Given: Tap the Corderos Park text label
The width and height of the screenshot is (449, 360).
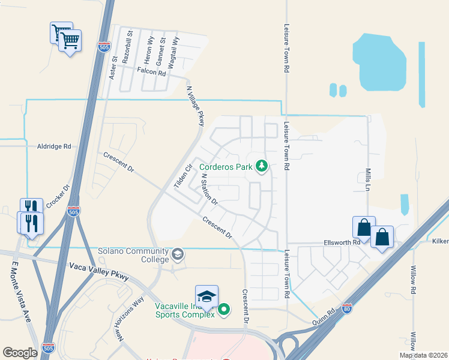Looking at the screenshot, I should (x=226, y=167).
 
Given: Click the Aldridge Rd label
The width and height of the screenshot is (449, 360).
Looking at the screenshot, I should (x=54, y=146).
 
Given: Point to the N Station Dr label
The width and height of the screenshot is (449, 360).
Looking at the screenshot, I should (x=209, y=189).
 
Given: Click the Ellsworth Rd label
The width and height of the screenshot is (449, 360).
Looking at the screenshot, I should (x=340, y=242).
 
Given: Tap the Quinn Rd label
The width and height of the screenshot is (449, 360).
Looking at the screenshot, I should (x=323, y=316).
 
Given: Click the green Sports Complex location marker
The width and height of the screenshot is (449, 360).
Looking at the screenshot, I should (x=224, y=310).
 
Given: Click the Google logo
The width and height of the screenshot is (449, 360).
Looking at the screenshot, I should (x=20, y=352).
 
